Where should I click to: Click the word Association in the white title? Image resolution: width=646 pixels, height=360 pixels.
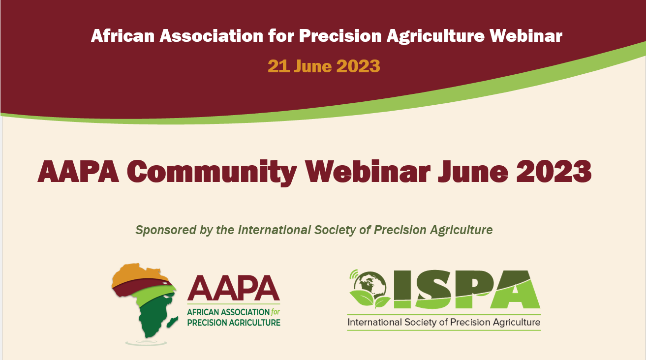tap(212, 36)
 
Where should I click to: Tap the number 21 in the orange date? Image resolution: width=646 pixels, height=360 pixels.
tap(278, 66)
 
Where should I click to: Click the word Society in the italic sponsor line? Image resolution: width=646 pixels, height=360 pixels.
tap(335, 230)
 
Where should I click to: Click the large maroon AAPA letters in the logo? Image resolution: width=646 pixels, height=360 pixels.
tap(233, 288)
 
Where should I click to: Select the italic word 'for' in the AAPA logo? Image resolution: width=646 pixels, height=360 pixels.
tap(276, 312)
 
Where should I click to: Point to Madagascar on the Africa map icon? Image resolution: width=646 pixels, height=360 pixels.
tap(173, 322)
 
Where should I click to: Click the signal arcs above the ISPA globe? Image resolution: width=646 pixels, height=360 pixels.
tap(354, 274)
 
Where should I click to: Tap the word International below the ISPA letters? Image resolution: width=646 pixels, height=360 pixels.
tap(374, 322)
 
